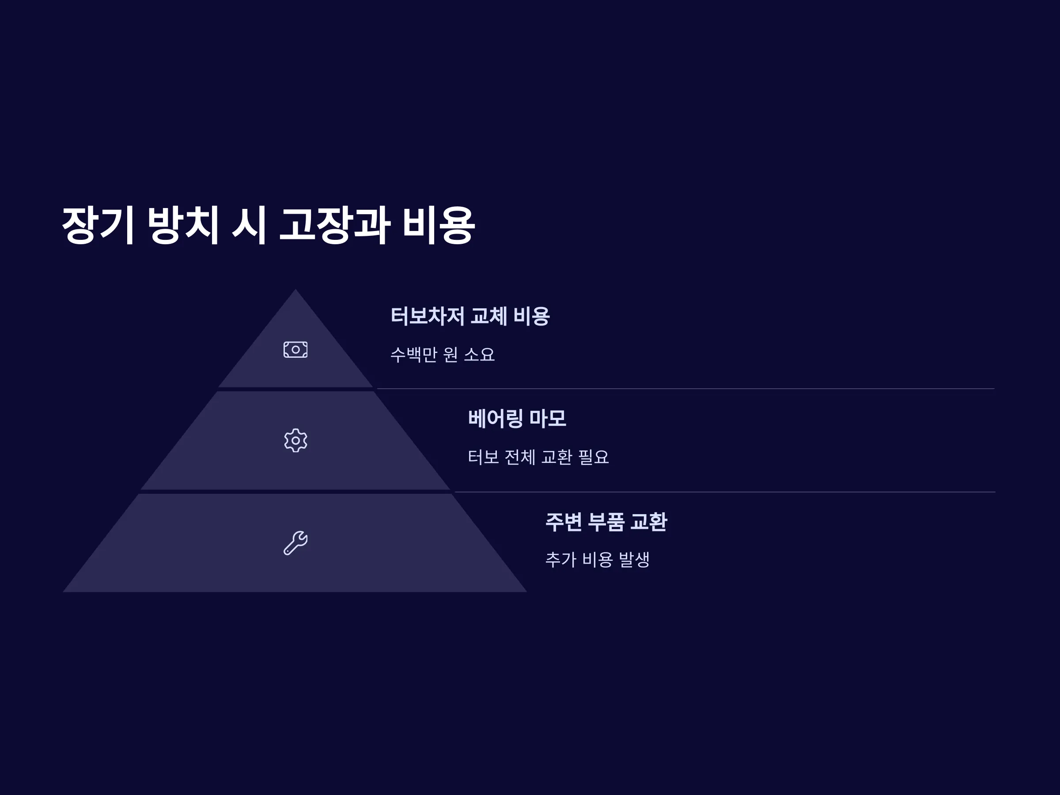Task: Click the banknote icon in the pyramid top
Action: tap(295, 349)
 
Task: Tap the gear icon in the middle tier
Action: tap(295, 440)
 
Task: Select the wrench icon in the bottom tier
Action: tap(295, 543)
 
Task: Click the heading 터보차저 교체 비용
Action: tap(470, 316)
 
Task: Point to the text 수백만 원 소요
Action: tap(442, 355)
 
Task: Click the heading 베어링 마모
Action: tap(517, 418)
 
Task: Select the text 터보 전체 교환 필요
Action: tap(538, 457)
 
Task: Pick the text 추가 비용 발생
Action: tap(598, 559)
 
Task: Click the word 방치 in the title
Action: tap(183, 225)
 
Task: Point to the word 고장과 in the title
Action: tap(334, 225)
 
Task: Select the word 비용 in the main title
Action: tap(439, 225)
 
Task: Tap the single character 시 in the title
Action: tap(249, 225)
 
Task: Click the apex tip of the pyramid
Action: tap(295, 289)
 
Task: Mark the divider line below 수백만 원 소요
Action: tap(686, 389)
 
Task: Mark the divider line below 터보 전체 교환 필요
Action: tap(725, 492)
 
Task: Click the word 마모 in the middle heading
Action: tap(548, 418)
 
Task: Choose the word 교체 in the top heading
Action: tap(489, 316)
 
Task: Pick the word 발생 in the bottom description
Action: tap(635, 559)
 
